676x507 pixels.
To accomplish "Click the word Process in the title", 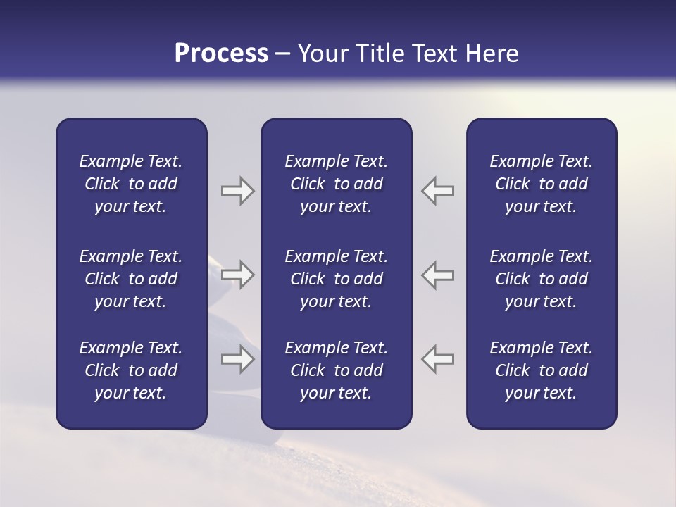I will coord(221,54).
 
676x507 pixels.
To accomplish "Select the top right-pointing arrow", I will coord(238,191).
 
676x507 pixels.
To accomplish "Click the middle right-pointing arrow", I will coord(238,275).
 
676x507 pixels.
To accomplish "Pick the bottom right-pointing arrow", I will coord(238,359).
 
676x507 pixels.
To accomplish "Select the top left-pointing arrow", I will coord(438,191).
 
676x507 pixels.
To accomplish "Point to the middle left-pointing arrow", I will coord(438,275).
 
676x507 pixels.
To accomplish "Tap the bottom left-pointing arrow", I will coord(438,359).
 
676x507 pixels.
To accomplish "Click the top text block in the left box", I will coord(131,184).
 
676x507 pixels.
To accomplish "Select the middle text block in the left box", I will coord(131,279).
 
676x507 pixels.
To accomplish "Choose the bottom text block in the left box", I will coord(131,370).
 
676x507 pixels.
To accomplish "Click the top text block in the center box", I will coord(336,184).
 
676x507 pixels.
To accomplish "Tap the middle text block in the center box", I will coord(336,279).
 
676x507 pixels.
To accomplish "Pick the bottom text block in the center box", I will coord(336,370).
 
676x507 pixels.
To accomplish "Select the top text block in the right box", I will coord(541,184).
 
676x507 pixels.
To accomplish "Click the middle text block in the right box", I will coord(541,279).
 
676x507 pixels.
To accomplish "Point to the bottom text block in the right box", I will coord(541,370).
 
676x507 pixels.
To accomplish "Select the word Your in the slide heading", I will coord(322,54).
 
